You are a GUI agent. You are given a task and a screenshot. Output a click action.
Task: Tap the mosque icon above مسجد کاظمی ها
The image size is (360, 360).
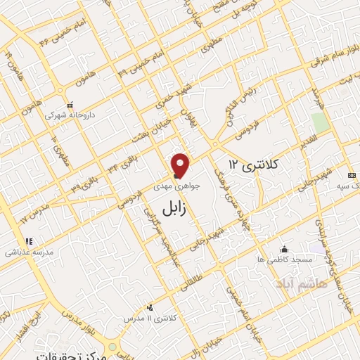pos(284,249)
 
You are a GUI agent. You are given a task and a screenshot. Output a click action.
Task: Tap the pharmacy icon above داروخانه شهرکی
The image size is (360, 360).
pos(69,103)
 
